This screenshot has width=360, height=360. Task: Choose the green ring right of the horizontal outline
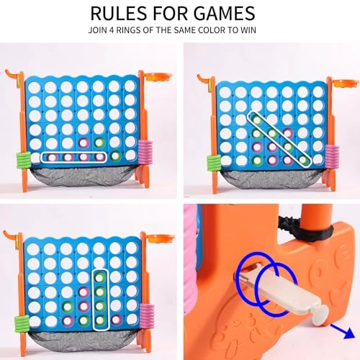[115, 156]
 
